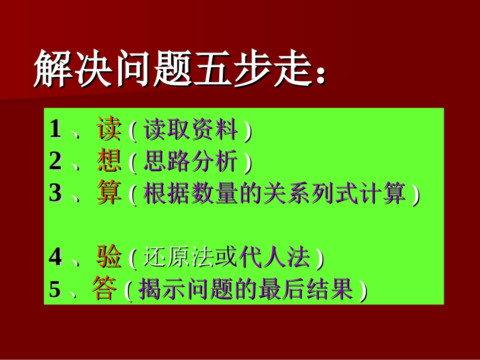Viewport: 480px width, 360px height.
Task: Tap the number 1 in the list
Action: [55, 130]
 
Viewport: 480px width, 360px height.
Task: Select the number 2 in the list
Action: [55, 162]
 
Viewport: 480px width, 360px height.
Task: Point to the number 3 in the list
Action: [55, 194]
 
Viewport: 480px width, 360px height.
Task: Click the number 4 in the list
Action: [55, 258]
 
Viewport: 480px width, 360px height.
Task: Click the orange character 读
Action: [109, 130]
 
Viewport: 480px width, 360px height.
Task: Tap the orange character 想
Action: [109, 162]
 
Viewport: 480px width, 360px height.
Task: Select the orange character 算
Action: [109, 193]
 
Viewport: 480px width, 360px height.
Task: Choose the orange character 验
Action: [109, 258]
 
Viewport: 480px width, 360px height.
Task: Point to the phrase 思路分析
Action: [191, 163]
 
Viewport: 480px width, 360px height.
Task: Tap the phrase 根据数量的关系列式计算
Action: [274, 194]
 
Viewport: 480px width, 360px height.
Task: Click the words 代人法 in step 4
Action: [275, 259]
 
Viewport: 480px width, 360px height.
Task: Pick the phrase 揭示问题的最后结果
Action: [245, 290]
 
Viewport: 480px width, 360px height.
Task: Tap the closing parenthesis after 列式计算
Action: [415, 195]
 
